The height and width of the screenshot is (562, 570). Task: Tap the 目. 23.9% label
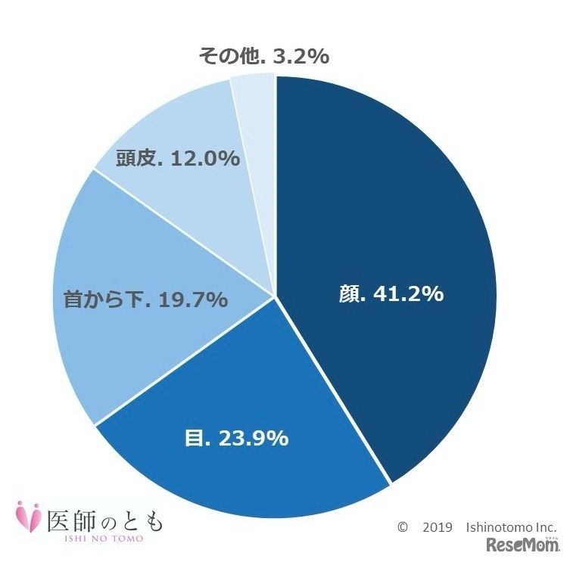tap(237, 438)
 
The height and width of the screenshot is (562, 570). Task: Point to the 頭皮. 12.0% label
tap(178, 159)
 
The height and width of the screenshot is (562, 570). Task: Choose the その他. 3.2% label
tap(263, 56)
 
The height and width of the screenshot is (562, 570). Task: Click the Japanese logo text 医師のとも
tap(104, 517)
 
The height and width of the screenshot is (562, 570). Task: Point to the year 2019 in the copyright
tap(437, 526)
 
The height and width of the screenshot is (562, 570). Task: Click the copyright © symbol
tap(403, 526)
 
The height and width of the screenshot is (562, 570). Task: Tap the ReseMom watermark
tap(522, 544)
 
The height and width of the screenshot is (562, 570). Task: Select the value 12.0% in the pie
tap(204, 159)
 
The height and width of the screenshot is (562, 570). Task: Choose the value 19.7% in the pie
tap(193, 300)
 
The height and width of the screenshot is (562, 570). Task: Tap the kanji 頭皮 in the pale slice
tap(135, 159)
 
